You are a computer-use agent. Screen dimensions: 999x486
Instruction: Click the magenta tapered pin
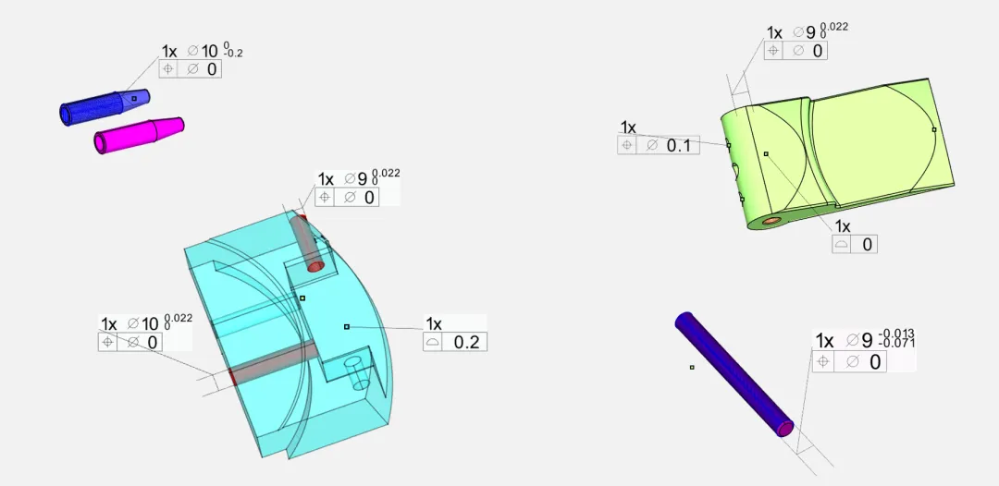[x=139, y=135]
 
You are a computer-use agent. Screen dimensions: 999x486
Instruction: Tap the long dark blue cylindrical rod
[x=734, y=374]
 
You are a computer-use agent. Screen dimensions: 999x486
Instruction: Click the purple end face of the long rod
[x=785, y=429]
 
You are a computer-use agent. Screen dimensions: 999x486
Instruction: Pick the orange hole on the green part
[x=772, y=220]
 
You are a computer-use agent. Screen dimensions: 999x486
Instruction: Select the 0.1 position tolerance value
[x=679, y=146]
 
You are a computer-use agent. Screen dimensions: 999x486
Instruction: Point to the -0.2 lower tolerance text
[x=233, y=55]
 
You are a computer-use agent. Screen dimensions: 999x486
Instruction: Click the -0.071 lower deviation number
[x=896, y=344]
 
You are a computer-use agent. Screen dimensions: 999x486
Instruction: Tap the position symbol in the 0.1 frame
[x=627, y=145]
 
